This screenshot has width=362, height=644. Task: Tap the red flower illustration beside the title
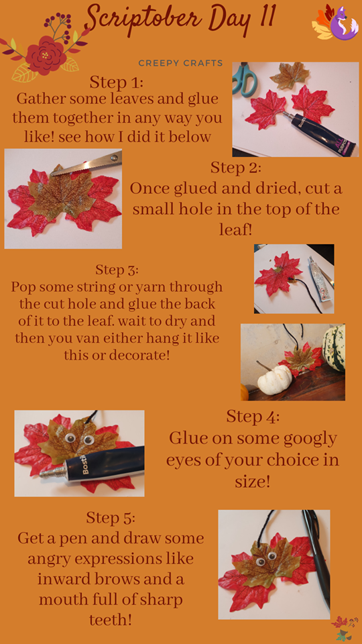(x=46, y=56)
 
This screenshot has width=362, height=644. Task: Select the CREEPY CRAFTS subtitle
(x=180, y=63)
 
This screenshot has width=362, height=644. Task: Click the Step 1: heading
(x=117, y=82)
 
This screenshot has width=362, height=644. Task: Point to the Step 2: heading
(x=236, y=168)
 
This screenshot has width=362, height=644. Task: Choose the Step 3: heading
(x=117, y=270)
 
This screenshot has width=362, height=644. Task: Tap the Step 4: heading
(x=253, y=417)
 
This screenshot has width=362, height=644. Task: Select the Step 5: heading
(x=111, y=518)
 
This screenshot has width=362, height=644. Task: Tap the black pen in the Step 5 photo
(x=316, y=559)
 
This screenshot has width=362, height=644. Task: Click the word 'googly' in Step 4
(x=311, y=439)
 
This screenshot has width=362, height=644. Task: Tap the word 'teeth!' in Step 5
(x=111, y=619)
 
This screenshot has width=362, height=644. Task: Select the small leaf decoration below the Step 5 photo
(x=344, y=629)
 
